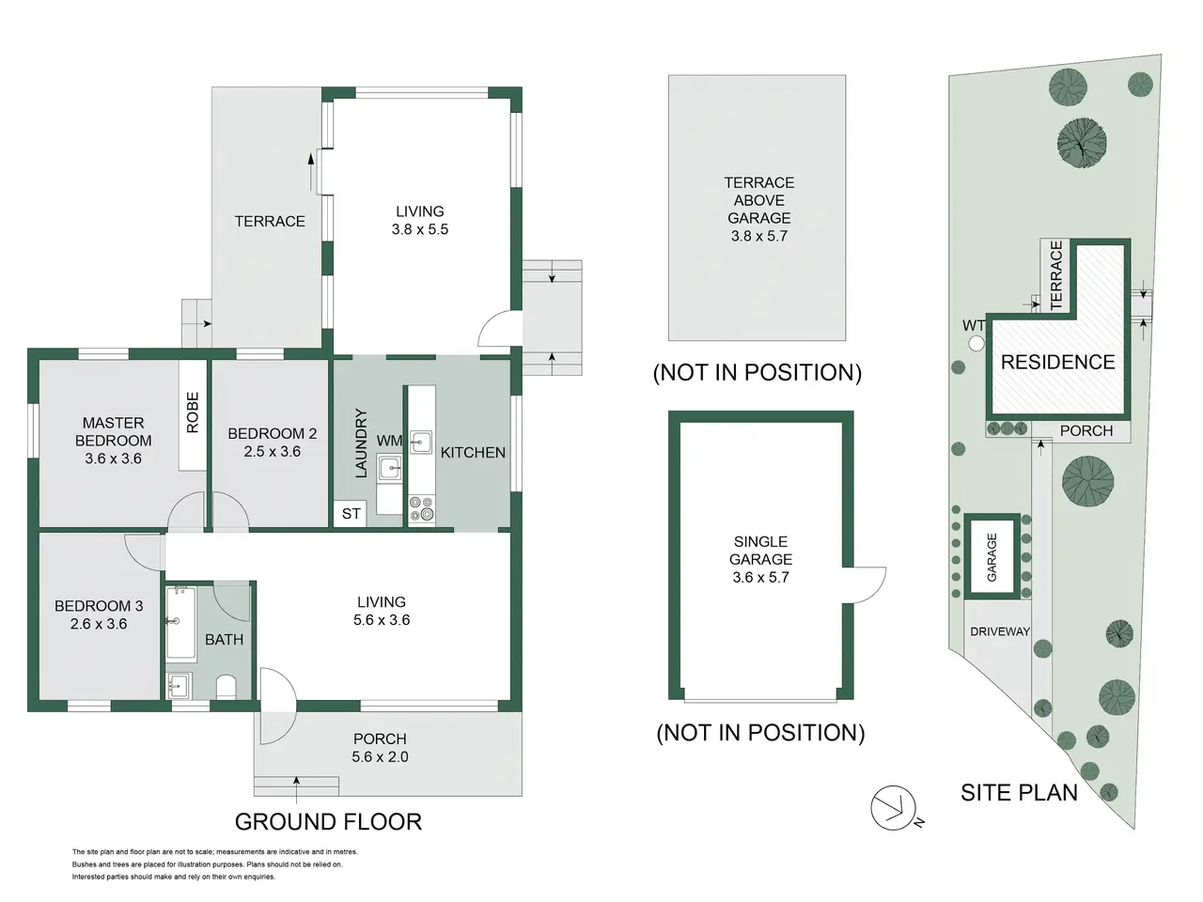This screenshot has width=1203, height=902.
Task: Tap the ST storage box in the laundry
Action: tap(351, 514)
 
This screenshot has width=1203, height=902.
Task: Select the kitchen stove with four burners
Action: tap(421, 508)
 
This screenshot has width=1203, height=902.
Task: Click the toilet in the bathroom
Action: tap(226, 687)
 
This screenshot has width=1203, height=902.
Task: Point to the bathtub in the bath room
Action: tap(180, 623)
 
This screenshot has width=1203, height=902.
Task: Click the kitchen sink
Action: tap(421, 443)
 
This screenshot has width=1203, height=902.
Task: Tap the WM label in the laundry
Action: tap(389, 441)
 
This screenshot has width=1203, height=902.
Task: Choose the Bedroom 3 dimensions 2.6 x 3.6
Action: tap(99, 624)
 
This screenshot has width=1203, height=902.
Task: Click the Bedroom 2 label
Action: tap(273, 434)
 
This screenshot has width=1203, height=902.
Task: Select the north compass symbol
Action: tap(894, 808)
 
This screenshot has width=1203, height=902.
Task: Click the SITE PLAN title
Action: tap(1020, 792)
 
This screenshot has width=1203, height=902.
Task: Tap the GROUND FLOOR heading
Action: tap(328, 821)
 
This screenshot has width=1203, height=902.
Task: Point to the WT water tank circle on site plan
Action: tap(976, 344)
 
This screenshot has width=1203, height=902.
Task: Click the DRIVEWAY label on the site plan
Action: tap(1000, 631)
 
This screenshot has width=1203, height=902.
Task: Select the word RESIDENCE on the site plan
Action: tap(1057, 362)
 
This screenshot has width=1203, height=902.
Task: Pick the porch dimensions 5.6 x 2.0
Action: tap(380, 757)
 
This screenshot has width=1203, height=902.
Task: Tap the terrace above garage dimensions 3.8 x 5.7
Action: tap(759, 236)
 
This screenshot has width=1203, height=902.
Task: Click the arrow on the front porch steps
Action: tap(296, 788)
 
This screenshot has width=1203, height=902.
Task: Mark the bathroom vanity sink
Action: tap(179, 685)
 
